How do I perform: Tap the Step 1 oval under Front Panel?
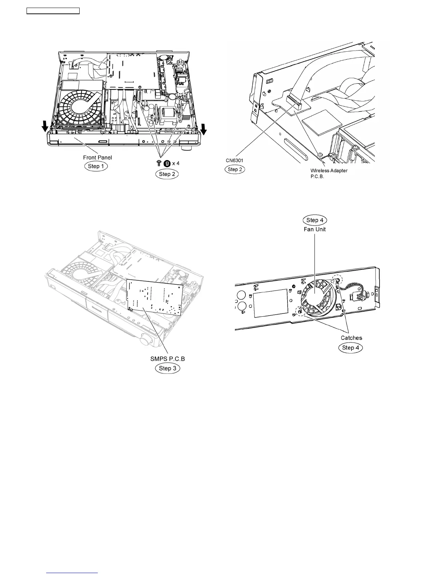[x=96, y=166]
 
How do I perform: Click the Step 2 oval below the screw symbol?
[x=167, y=174]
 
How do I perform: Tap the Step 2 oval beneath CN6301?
[x=235, y=169]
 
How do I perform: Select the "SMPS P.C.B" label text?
[x=168, y=359]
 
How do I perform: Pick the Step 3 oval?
[x=167, y=368]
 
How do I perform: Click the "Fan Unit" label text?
[x=315, y=229]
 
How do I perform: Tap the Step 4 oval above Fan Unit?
[x=315, y=220]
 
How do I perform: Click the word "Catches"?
[x=351, y=338]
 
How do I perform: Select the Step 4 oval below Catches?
[x=350, y=348]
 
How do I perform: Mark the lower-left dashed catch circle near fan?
[x=300, y=311]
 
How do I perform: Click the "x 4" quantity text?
[x=176, y=163]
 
